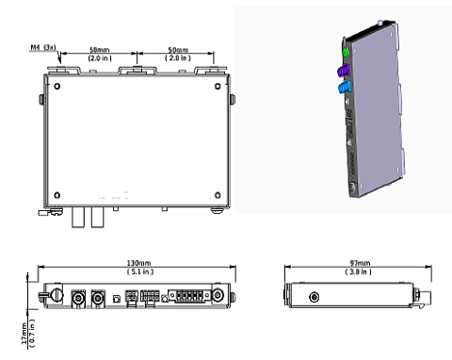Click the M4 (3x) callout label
[43, 47]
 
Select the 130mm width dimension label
[138, 263]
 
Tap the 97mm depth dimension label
[360, 263]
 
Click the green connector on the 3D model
[346, 52]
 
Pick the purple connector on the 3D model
[343, 71]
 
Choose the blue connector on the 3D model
[345, 87]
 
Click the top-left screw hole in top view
[57, 86]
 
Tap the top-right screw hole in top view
[218, 86]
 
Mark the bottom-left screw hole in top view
[57, 195]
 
